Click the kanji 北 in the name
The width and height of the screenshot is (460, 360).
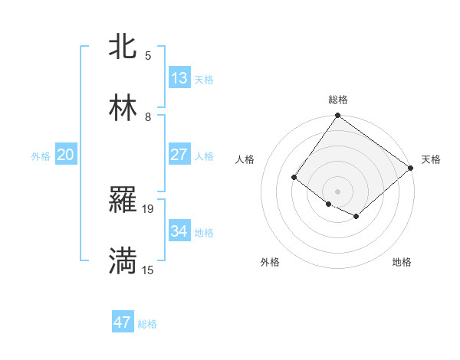click(123, 47)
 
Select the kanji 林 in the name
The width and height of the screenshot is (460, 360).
click(123, 108)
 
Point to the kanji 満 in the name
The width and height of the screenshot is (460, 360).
click(123, 261)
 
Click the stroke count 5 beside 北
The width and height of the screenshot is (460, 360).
click(148, 55)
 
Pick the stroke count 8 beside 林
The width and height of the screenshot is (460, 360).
click(148, 116)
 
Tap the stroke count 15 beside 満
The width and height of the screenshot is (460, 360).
click(148, 270)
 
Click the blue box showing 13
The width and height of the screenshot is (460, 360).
click(179, 77)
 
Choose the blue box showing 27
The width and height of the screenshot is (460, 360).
click(179, 154)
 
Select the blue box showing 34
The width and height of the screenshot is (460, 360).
click(179, 231)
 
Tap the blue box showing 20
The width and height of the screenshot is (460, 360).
click(66, 155)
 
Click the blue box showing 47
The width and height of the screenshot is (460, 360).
click(123, 322)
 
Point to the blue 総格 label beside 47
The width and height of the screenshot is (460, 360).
click(147, 324)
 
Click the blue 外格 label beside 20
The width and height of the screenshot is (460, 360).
click(41, 156)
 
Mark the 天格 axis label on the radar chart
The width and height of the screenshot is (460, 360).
click(431, 159)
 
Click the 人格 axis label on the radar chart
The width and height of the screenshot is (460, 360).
click(245, 159)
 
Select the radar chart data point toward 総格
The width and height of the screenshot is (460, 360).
click(337, 116)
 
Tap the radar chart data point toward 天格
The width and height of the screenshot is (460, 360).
click(411, 168)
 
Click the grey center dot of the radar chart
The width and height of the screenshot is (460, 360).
click(337, 191)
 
